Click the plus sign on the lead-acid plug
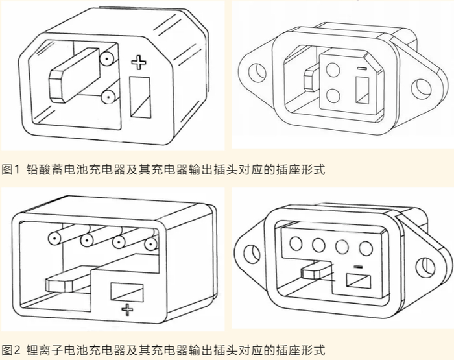coord(139,63)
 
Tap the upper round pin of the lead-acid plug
coord(107,59)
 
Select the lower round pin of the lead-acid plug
coord(108,97)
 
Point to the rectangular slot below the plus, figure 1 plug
coord(140,97)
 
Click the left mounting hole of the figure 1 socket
coord(257,71)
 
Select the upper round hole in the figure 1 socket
coord(333,70)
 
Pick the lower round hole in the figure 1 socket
coord(333,95)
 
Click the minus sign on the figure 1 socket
coord(362,69)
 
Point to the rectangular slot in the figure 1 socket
coord(362,90)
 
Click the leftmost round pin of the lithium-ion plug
coord(54,239)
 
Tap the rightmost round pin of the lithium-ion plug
coord(150,245)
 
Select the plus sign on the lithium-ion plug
coord(127,309)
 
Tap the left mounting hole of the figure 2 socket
coord(252,254)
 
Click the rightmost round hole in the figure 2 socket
coord(365,248)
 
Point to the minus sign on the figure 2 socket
coord(358,266)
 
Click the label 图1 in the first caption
coord(11,169)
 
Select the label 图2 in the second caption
coord(11,350)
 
